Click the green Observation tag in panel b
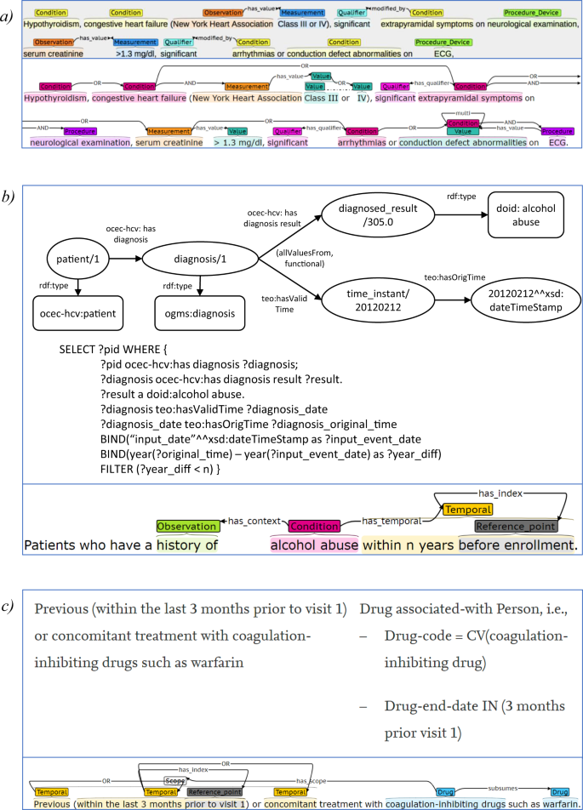(186, 528)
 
